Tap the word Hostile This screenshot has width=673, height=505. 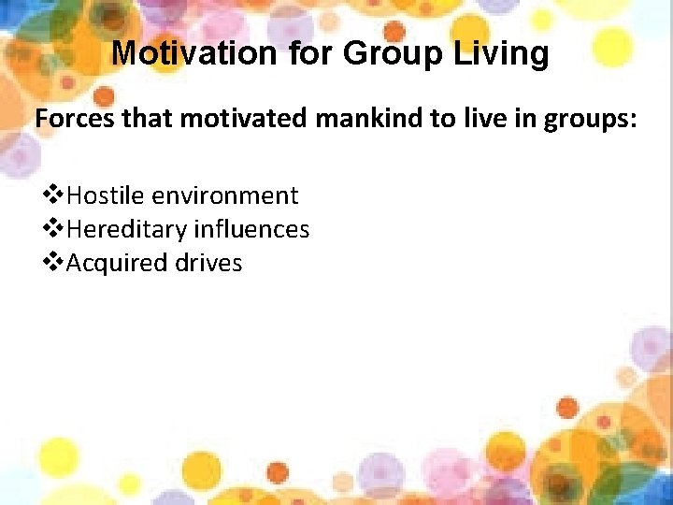click(x=106, y=195)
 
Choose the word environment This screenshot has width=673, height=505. click(x=224, y=195)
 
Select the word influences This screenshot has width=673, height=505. click(x=251, y=229)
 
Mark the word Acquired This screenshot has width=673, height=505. click(x=119, y=263)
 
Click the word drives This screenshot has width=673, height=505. click(x=208, y=263)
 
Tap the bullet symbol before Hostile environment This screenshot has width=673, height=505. click(x=54, y=195)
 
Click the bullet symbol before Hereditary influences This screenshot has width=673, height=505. click(x=54, y=229)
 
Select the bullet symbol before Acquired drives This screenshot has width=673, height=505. click(x=54, y=263)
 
